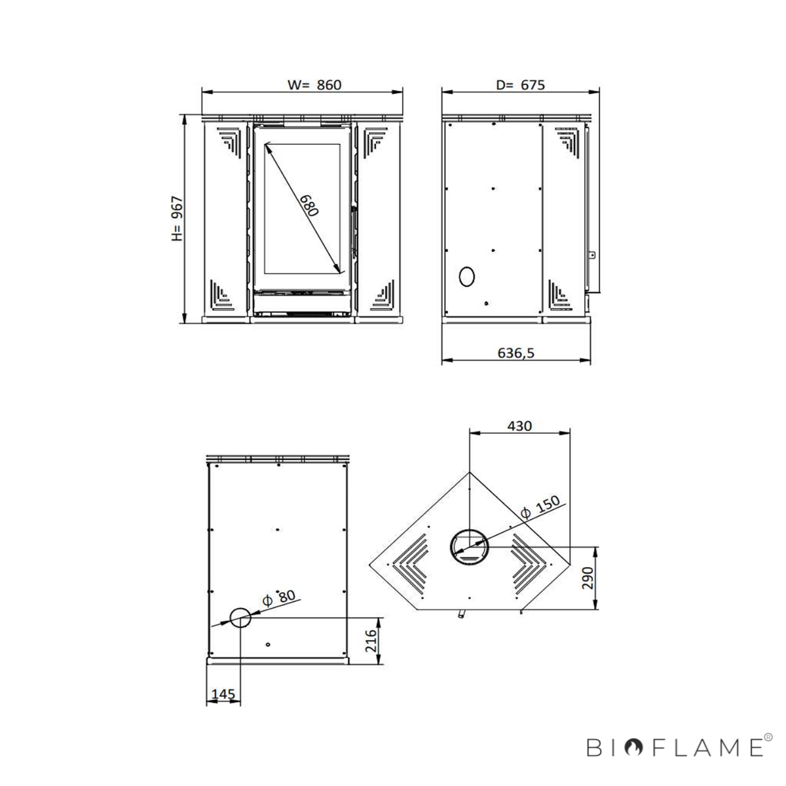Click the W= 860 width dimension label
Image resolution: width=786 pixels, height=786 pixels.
[314, 85]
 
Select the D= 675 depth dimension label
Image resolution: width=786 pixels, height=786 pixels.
[520, 85]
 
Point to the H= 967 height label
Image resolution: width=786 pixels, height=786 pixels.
[178, 219]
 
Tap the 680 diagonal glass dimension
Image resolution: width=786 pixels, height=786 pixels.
[309, 205]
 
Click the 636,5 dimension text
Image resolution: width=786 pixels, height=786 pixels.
[515, 353]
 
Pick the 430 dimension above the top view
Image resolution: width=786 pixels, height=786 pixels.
[519, 426]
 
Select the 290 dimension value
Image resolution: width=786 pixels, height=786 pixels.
[588, 578]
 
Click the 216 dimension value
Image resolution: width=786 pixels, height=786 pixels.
[371, 641]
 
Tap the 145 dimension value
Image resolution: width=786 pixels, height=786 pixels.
[223, 694]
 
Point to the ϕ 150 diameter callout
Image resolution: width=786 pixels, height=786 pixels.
[541, 507]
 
